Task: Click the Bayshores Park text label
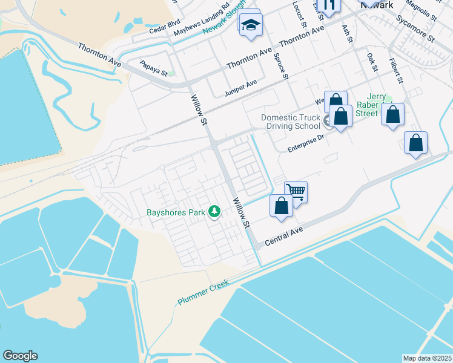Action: tap(176, 212)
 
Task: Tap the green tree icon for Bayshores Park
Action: tap(214, 212)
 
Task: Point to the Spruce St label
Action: tap(282, 68)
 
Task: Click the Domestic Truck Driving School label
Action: tap(291, 122)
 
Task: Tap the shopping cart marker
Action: tap(296, 191)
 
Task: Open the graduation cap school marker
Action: tap(250, 25)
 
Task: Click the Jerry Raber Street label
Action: tap(373, 105)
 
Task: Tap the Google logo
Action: tap(20, 356)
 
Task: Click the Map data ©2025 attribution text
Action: tap(427, 358)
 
